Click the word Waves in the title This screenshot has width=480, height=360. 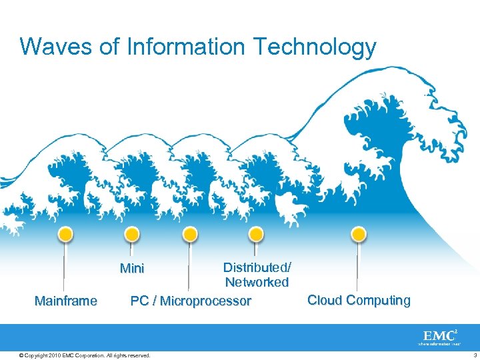click(x=51, y=47)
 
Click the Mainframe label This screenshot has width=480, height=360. click(x=65, y=301)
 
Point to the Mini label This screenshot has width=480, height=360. click(x=131, y=269)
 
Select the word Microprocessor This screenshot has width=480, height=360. click(x=205, y=301)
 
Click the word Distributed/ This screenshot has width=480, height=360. click(x=257, y=267)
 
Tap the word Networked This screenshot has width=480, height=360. click(x=257, y=282)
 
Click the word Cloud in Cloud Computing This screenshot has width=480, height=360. click(x=325, y=300)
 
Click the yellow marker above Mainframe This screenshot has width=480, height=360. click(x=65, y=234)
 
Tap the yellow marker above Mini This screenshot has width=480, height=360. click(x=132, y=234)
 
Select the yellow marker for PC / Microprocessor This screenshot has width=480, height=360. click(x=190, y=234)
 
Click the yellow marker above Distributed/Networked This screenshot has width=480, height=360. click(x=255, y=234)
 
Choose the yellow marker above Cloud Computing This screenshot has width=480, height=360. click(x=359, y=234)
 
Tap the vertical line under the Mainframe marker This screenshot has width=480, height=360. click(x=65, y=267)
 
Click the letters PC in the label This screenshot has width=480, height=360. click(x=139, y=301)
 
